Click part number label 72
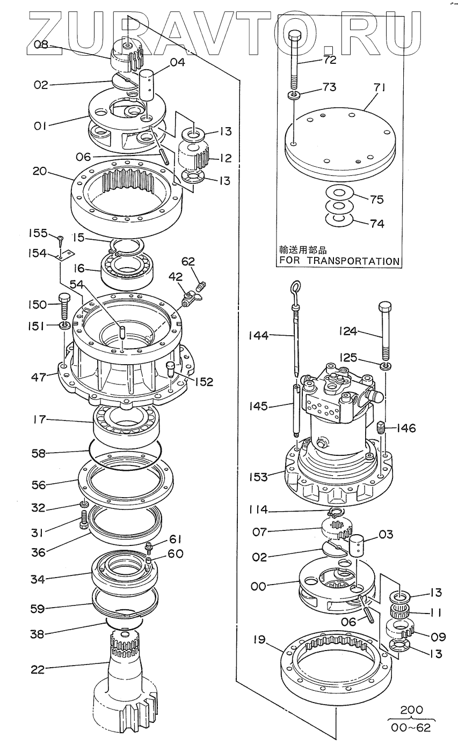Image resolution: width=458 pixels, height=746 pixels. tap(329, 60)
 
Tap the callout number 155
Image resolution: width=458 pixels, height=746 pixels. tap(38, 233)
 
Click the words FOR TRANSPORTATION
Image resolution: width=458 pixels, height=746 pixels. tap(338, 261)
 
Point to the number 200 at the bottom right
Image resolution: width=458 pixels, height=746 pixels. tap(411, 710)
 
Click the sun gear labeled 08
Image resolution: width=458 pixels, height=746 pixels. tap(125, 55)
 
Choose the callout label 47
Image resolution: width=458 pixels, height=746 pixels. tap(38, 378)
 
